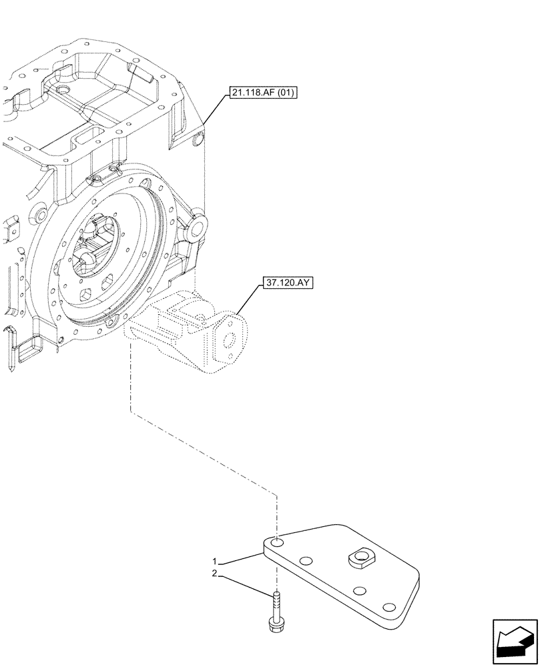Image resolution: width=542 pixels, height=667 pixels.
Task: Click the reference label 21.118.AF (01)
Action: point(262,92)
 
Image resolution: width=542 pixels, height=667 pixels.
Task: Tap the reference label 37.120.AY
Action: point(287,282)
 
